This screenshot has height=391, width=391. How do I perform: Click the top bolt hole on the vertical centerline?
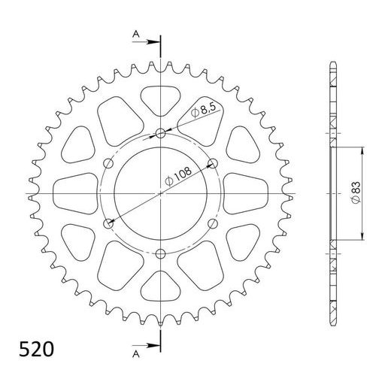click(x=161, y=135)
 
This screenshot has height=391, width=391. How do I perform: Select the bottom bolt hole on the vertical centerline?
click(x=161, y=253)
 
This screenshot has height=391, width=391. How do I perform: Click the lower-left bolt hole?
click(x=111, y=223)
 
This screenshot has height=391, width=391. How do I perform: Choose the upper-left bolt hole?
click(x=111, y=164)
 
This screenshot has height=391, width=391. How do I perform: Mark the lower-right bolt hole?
click(x=211, y=223)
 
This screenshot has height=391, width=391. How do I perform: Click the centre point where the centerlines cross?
click(x=161, y=193)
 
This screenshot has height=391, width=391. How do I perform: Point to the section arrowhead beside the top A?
click(x=155, y=41)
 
